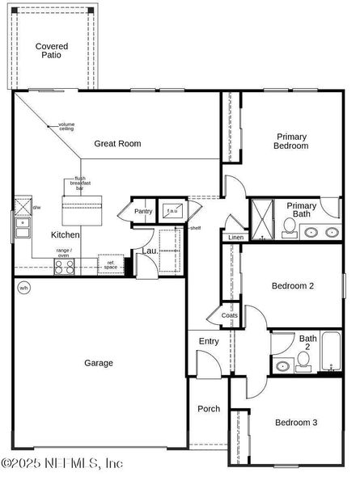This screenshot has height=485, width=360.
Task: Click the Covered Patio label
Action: [52, 51]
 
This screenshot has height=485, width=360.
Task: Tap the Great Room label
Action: [117, 144]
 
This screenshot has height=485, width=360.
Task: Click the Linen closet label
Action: [235, 238]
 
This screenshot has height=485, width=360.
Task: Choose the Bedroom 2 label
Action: [292, 286]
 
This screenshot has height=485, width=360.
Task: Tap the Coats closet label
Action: [228, 315]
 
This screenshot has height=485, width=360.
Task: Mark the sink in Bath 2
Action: [282, 366]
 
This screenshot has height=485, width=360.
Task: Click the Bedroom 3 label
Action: [295, 423]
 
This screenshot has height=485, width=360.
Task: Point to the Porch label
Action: [209, 409]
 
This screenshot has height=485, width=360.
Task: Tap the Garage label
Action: [99, 364]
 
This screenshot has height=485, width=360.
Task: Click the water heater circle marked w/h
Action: [23, 288]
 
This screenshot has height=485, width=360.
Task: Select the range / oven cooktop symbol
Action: [64, 267]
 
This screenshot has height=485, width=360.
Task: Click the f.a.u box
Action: [172, 210]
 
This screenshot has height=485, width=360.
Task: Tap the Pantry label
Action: [143, 212]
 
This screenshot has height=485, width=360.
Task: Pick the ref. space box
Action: [111, 264]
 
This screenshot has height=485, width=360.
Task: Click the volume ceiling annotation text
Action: [66, 126]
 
